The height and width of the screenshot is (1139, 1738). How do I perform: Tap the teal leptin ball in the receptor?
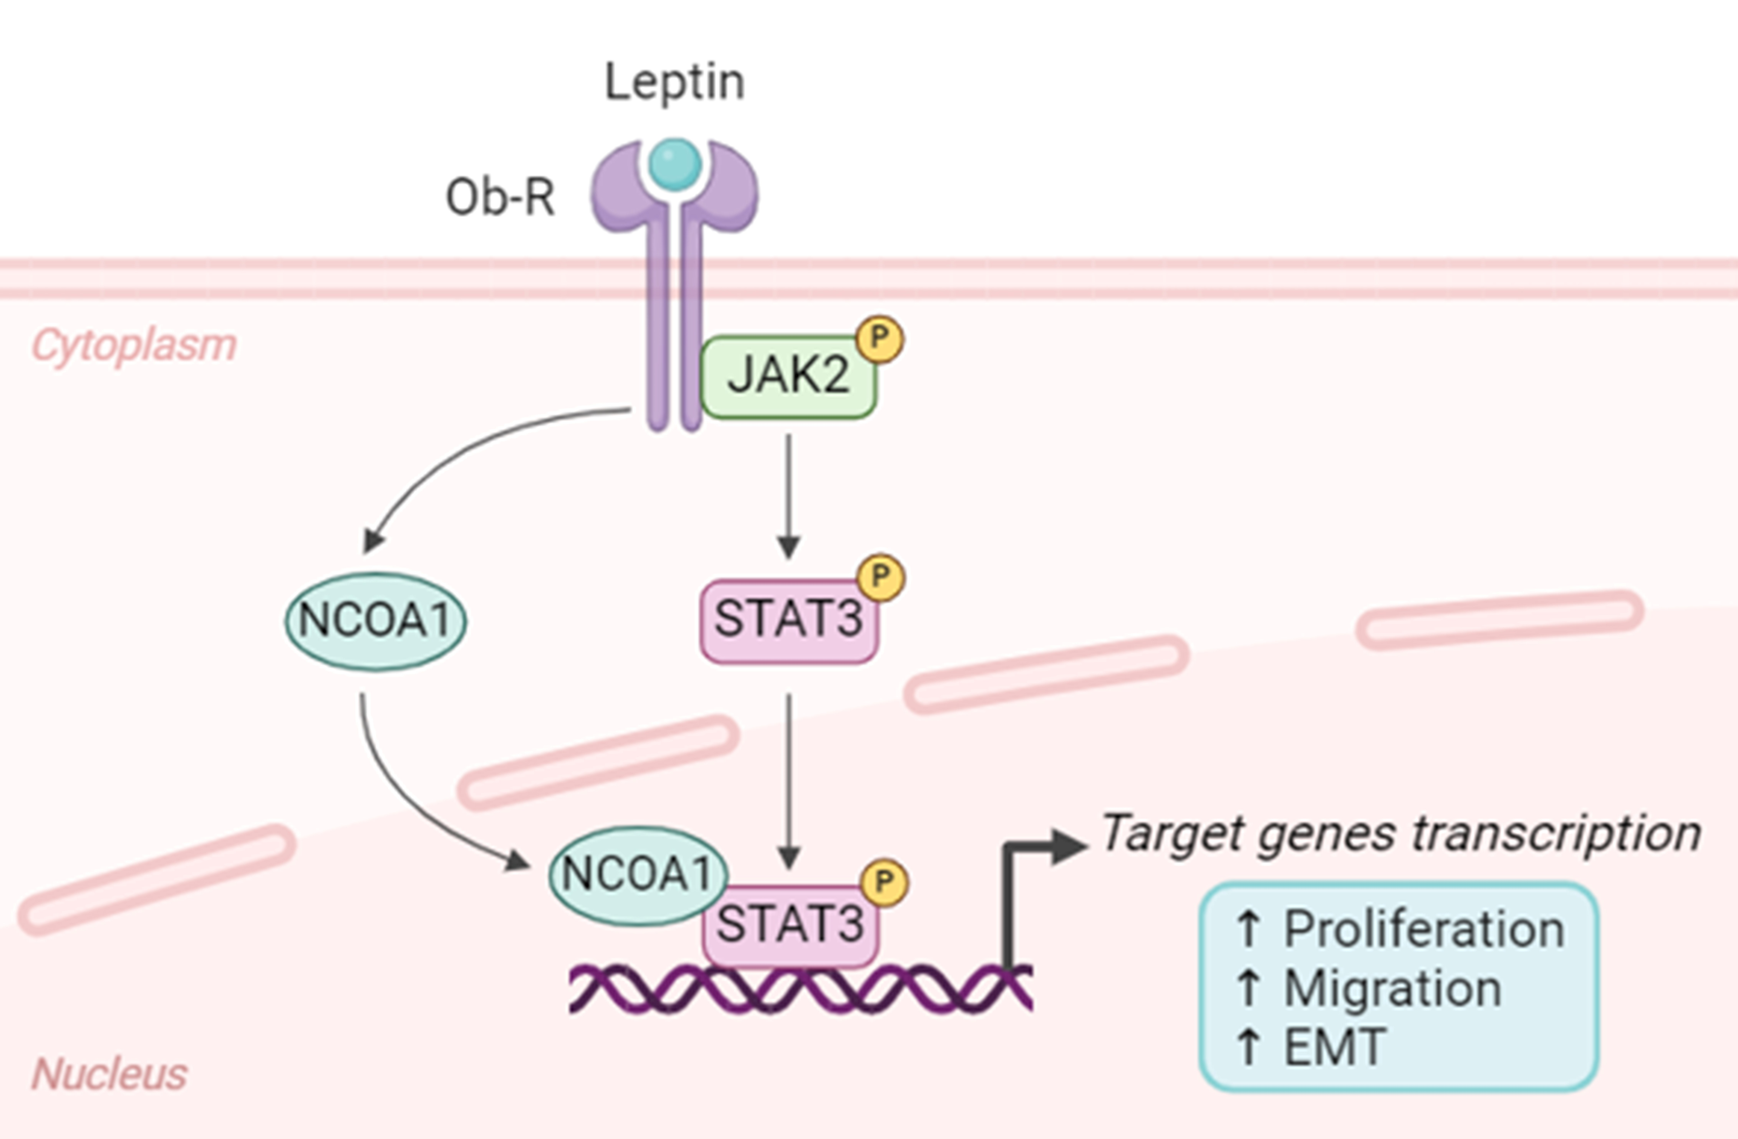pos(675,164)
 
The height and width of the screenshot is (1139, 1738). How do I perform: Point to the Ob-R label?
pos(500,197)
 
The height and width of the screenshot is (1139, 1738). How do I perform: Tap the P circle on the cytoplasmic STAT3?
pos(881,577)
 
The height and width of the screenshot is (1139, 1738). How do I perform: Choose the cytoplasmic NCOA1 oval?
pos(375,621)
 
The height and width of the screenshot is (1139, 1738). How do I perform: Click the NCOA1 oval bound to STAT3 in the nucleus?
pos(638,875)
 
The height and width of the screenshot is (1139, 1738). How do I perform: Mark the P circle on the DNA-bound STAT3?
pos(884,882)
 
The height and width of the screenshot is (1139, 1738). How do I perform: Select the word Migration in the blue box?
pos(1393,989)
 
